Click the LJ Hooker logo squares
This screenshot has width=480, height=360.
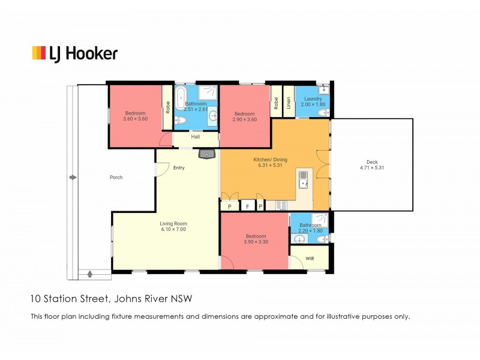[39, 53]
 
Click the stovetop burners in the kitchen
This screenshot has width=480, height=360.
[281, 205]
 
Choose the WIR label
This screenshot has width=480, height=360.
[310, 259]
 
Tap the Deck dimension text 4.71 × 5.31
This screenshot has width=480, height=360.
[371, 168]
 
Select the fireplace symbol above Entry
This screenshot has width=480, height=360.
[207, 155]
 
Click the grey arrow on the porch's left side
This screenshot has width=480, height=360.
[73, 178]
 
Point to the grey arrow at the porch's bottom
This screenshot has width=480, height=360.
[90, 274]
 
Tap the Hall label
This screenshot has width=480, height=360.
[196, 137]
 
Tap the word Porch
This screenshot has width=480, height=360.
[116, 178]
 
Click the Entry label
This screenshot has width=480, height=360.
[179, 167]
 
